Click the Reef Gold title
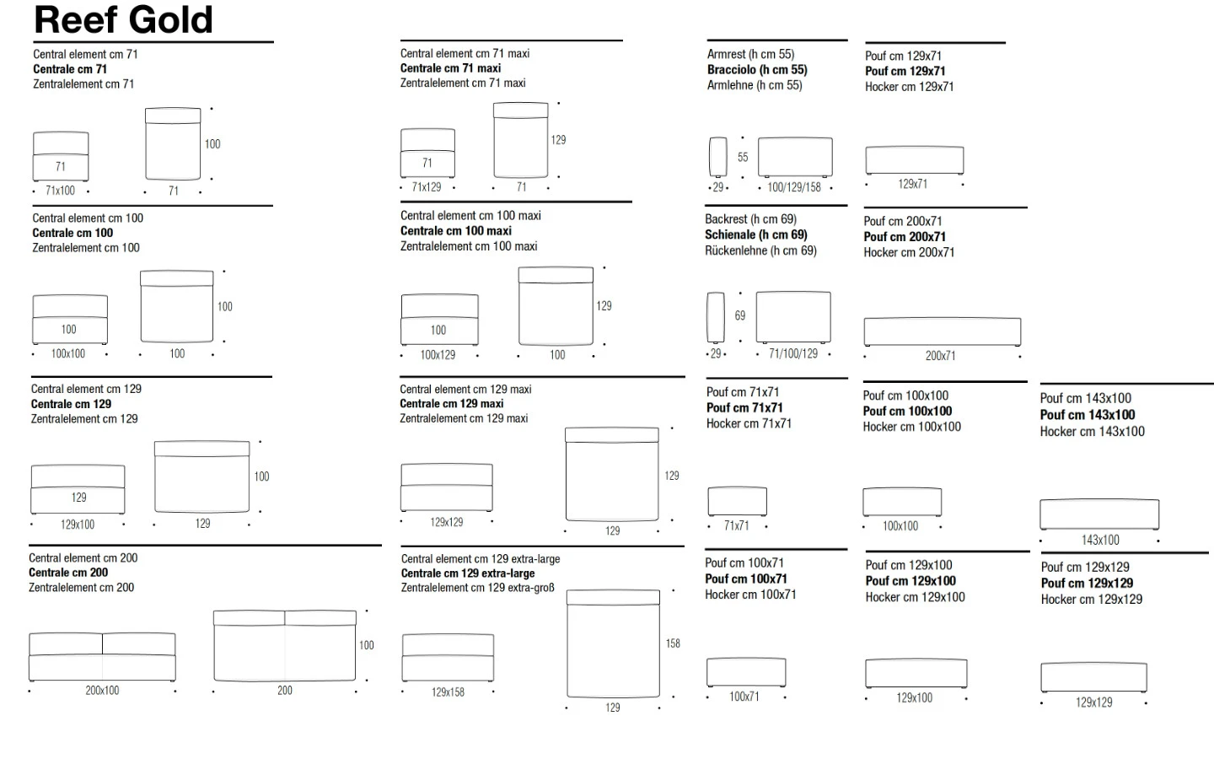[123, 19]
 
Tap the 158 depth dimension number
[673, 643]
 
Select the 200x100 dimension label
[102, 691]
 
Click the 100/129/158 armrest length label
[793, 187]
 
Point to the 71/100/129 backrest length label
[792, 354]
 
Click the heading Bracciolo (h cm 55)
[756, 70]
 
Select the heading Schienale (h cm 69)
[755, 235]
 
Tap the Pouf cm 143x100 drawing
[1099, 514]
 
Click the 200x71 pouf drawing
[942, 331]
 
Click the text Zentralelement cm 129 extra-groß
[477, 588]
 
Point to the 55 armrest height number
[743, 157]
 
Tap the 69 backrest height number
[740, 316]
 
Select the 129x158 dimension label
[448, 692]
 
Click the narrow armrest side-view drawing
[717, 157]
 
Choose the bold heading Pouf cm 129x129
[1087, 584]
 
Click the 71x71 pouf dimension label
[736, 526]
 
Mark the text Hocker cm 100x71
[750, 595]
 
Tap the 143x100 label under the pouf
[1100, 541]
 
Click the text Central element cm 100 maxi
[470, 216]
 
